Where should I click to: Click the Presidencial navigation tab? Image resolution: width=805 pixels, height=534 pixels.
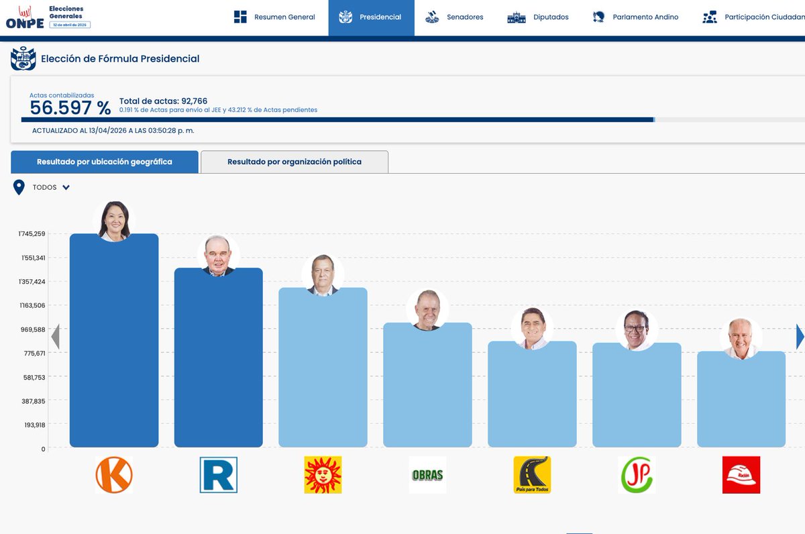[x=371, y=17]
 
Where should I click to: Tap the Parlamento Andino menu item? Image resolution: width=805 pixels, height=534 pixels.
[x=635, y=17]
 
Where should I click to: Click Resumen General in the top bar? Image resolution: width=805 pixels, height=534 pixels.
[x=274, y=17]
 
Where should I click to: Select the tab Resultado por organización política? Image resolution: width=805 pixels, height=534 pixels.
[x=294, y=162]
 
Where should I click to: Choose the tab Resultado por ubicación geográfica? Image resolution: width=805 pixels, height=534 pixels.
[x=105, y=162]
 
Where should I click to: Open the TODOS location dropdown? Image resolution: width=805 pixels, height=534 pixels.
[x=51, y=188]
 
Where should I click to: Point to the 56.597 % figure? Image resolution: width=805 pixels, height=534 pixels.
[x=70, y=109]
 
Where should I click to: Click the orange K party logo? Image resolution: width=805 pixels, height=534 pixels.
[x=113, y=475]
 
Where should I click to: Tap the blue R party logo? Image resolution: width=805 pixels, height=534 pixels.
[x=218, y=475]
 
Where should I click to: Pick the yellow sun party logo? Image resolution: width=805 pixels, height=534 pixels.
[x=323, y=475]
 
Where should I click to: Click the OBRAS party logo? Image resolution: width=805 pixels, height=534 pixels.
[x=427, y=475]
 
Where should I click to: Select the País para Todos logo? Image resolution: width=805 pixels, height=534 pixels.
[x=532, y=475]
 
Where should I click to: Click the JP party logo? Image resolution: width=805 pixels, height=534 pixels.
[x=637, y=475]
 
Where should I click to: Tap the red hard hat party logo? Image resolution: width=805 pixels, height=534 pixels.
[x=741, y=475]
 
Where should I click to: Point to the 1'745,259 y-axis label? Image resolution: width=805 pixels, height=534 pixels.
[x=32, y=234]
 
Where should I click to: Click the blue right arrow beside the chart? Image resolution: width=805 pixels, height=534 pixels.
[x=800, y=337]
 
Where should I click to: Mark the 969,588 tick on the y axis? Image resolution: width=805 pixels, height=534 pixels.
[x=32, y=329]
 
